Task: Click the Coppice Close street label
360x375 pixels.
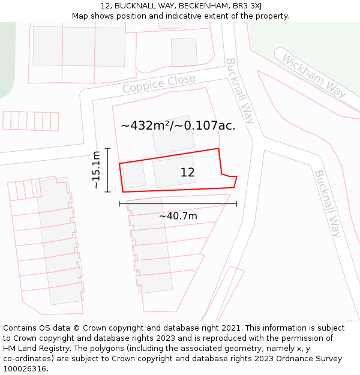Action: [x=159, y=84]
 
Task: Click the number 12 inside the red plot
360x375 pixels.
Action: [x=187, y=173]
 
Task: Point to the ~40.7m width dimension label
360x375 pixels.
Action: [x=178, y=216]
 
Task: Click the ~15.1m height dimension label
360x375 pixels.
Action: [x=96, y=170]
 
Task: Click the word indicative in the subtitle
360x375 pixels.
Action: [x=184, y=16]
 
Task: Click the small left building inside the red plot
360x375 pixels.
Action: [x=134, y=175]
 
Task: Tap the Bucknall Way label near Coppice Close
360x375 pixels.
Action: [x=240, y=91]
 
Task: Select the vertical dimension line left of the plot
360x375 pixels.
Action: [x=107, y=170]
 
